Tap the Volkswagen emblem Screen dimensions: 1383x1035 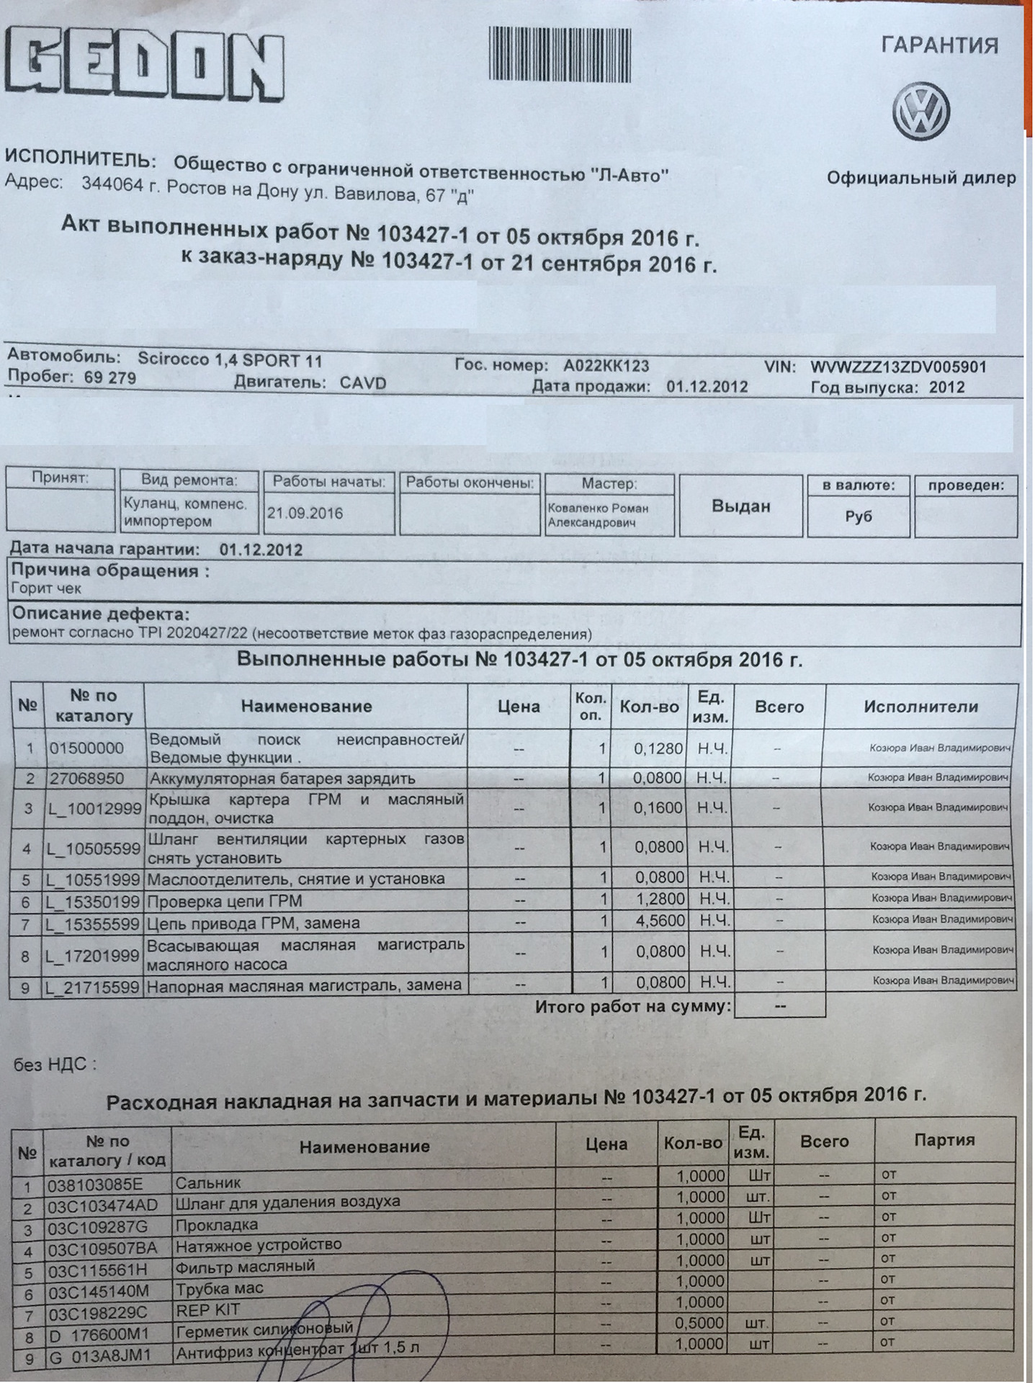point(921,112)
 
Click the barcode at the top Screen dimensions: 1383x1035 point(560,53)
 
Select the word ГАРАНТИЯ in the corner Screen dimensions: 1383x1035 point(940,45)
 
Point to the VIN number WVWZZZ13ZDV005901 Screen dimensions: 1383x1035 point(898,367)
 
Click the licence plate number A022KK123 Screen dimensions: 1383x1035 point(606,366)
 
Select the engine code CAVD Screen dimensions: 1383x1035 point(363,382)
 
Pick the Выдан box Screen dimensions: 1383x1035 point(740,506)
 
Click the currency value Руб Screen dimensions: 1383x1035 point(858,516)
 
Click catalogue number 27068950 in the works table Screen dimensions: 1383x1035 point(86,779)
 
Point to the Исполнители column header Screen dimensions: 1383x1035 point(920,707)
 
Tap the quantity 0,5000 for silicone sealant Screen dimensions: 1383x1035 point(701,1322)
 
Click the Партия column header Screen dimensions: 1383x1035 point(944,1140)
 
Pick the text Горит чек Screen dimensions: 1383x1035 point(47,588)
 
